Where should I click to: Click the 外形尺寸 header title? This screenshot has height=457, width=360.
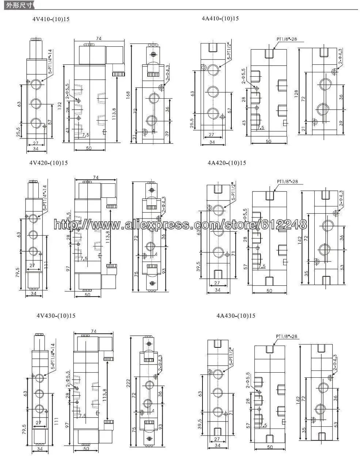point(14,5)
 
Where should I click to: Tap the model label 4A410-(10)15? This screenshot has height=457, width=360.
point(220,18)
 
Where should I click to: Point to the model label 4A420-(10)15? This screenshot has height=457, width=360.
point(227,163)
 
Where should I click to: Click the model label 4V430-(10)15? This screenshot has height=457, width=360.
point(56,316)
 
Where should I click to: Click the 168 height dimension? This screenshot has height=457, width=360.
point(128,95)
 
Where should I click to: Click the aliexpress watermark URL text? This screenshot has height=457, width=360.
point(180,224)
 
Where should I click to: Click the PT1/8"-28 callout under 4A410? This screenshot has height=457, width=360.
point(287,38)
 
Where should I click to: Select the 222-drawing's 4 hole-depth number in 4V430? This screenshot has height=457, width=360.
point(152,411)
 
